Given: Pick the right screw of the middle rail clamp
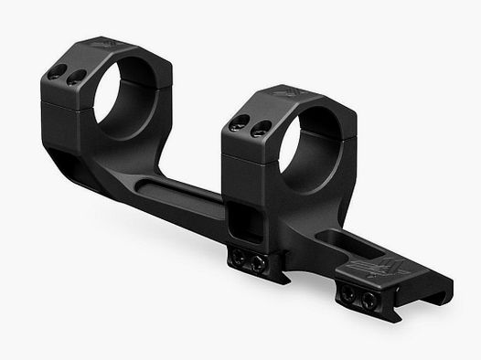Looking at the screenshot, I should coord(259,265).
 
